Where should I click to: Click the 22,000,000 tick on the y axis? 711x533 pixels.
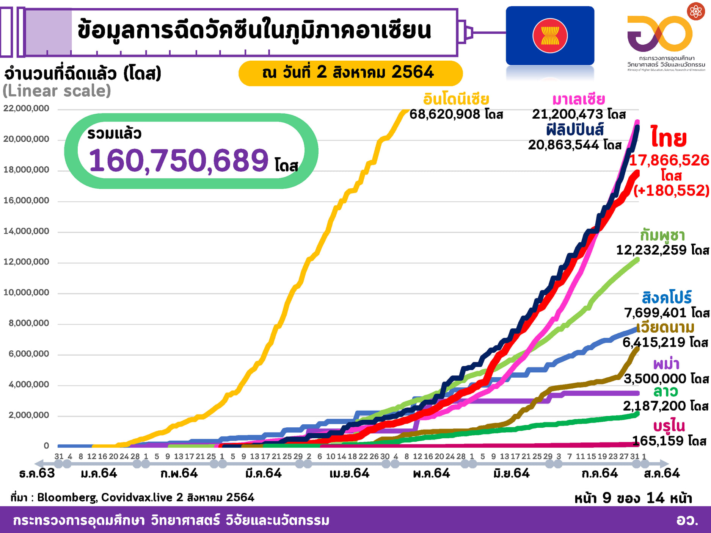tap(26, 108)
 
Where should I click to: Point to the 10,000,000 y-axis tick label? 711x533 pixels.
tap(26, 292)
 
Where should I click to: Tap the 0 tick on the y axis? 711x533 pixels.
tap(46, 446)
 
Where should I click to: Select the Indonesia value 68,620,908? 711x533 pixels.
tap(444, 114)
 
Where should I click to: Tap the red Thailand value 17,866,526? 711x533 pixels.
tap(669, 160)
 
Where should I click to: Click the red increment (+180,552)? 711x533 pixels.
tap(671, 190)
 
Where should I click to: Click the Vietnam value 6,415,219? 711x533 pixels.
tap(654, 342)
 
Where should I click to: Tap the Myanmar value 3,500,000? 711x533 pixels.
tap(655, 378)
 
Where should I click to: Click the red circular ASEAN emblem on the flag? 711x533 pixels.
tap(550, 36)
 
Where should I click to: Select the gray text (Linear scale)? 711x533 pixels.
tap(57, 91)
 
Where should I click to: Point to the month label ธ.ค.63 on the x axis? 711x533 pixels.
tap(37, 473)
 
